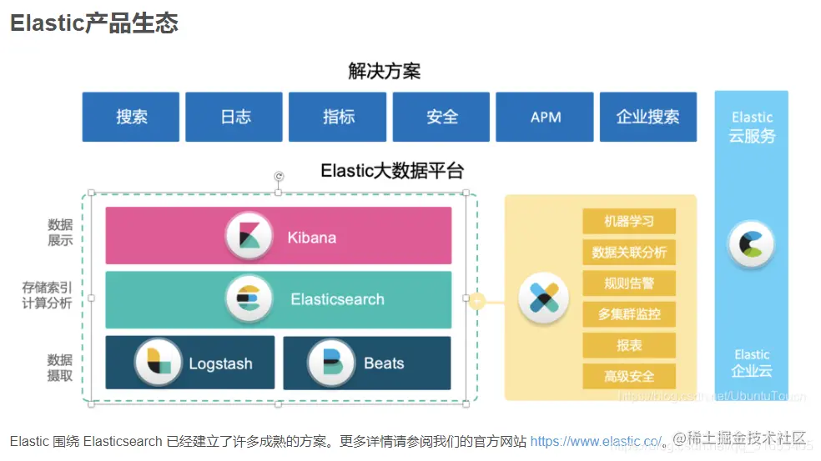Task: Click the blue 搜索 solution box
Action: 131,117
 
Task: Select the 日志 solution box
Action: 234,117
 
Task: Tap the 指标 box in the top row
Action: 338,117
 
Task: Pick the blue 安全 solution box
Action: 441,117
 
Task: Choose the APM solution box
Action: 545,117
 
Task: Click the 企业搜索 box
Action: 647,117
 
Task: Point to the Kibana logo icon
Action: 249,236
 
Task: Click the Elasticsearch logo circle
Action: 249,298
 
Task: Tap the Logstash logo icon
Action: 159,363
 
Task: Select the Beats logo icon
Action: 331,363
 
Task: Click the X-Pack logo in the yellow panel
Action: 543,298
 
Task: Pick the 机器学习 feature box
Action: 628,221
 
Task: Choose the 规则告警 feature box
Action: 628,283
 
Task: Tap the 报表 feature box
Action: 628,345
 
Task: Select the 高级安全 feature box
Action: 628,377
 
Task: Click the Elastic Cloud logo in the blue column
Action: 751,244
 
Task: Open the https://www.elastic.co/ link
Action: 596,441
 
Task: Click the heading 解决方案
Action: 384,71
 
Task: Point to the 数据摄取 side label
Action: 59,368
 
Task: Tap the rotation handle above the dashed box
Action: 279,177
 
